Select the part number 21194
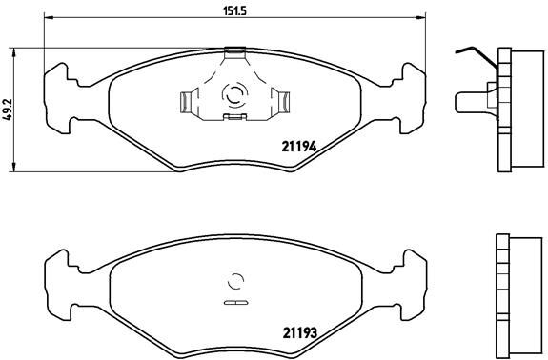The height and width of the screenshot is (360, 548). (x=298, y=146)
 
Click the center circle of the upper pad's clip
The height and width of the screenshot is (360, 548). (x=233, y=94)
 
